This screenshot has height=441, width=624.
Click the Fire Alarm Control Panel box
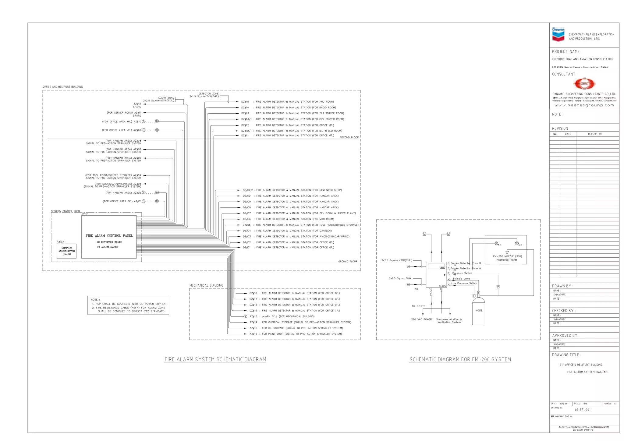point(109,237)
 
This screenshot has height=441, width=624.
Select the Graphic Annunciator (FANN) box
point(66,251)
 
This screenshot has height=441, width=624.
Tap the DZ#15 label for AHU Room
point(245,102)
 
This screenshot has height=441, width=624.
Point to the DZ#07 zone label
point(247,213)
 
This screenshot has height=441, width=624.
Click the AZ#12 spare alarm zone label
point(137,104)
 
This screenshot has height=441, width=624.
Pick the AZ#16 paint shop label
point(253,334)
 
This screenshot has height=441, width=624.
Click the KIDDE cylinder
point(479,311)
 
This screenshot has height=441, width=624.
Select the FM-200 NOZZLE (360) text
point(507,256)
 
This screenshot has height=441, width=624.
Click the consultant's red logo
point(584,83)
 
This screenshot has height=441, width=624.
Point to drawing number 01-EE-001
point(583,410)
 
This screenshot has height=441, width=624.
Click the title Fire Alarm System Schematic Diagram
point(215,359)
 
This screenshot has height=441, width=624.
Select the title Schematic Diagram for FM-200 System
point(460,359)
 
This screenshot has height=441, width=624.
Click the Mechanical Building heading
point(206,285)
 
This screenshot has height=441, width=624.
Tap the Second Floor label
point(349,138)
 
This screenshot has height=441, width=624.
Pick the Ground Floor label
point(348,262)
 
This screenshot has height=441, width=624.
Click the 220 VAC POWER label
point(421,319)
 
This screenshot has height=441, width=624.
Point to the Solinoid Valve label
point(461,279)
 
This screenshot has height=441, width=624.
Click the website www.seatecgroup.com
point(584,105)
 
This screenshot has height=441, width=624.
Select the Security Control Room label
point(65,211)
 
